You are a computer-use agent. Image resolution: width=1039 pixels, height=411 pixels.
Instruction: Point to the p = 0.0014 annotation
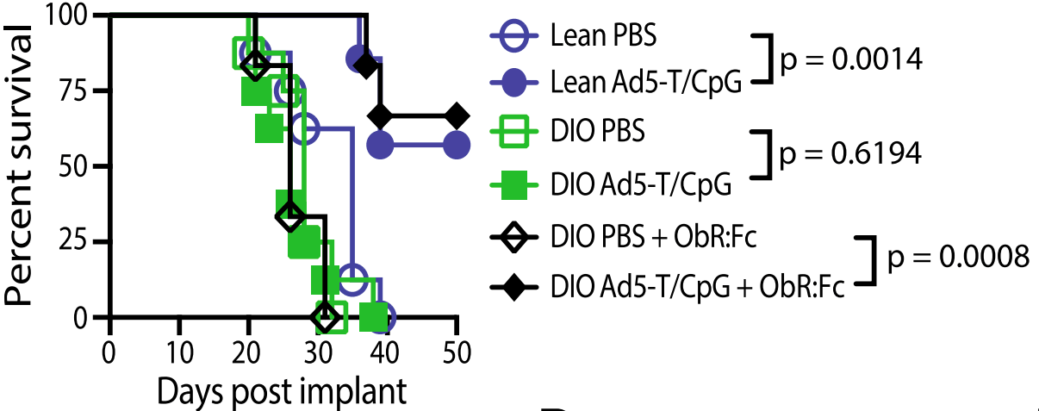pyautogui.click(x=849, y=60)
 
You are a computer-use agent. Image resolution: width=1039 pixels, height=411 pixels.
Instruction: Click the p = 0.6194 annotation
pyautogui.click(x=849, y=155)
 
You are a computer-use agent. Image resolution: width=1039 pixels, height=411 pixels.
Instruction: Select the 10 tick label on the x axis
pyautogui.click(x=178, y=352)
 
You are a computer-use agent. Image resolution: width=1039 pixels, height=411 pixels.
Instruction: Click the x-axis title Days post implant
pyautogui.click(x=282, y=391)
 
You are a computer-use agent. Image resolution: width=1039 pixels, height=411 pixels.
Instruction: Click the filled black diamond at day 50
pyautogui.click(x=457, y=115)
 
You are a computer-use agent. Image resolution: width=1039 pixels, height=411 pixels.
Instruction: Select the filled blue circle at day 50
pyautogui.click(x=457, y=146)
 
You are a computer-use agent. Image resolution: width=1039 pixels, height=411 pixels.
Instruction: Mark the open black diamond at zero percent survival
pyautogui.click(x=325, y=318)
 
